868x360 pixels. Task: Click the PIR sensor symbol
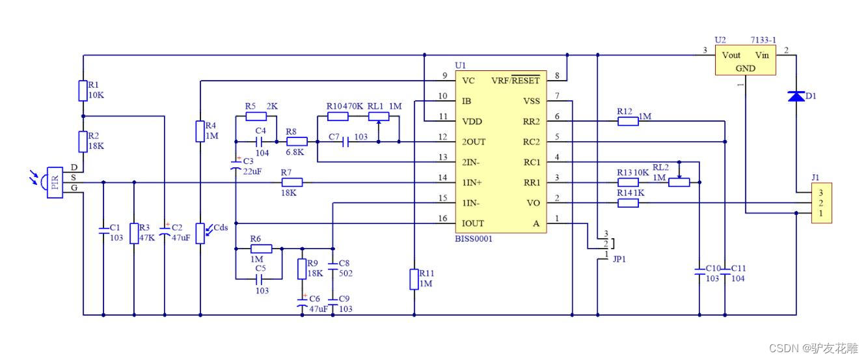[55, 183]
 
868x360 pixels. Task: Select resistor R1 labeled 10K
[83, 90]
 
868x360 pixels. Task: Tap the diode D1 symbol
[796, 96]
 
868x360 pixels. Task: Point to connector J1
[822, 203]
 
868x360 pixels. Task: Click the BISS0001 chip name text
[474, 239]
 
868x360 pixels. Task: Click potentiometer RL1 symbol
[379, 117]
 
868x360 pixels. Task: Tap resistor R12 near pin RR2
[628, 121]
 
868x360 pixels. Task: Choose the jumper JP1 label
[620, 258]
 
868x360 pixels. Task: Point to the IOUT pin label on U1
[473, 223]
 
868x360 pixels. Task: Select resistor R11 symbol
[414, 279]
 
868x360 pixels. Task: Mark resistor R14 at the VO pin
[628, 203]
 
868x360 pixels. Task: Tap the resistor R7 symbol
[292, 183]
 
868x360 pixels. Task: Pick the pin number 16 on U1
[443, 218]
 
